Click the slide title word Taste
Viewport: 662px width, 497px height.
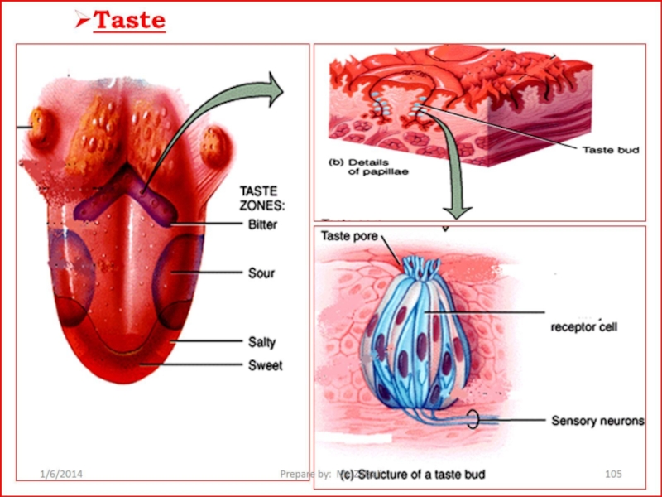click(129, 20)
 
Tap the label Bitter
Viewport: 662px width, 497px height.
click(263, 224)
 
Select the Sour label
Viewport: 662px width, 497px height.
click(261, 273)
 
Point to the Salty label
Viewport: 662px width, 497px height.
click(262, 342)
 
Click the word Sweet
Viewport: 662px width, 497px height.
click(265, 365)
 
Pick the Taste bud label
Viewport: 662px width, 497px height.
click(611, 150)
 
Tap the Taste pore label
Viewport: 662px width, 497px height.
click(349, 236)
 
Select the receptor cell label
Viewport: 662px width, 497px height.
click(584, 326)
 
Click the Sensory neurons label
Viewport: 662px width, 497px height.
click(597, 421)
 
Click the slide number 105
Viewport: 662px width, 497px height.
click(613, 474)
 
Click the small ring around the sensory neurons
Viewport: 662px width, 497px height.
click(473, 420)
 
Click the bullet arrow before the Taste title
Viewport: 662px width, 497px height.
click(81, 20)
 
